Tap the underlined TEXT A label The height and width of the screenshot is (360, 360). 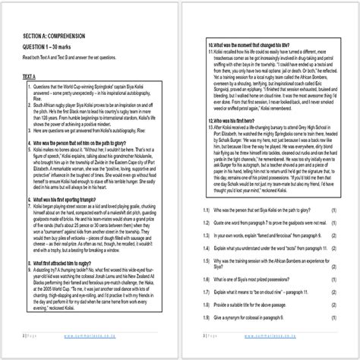coord(29,77)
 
